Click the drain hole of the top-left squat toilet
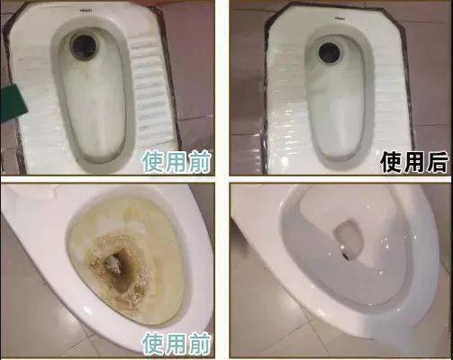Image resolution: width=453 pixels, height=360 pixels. click(x=85, y=46)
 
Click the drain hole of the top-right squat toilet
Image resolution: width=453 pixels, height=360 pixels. click(x=331, y=53)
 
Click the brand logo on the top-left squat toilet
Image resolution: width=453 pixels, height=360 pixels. click(x=86, y=10)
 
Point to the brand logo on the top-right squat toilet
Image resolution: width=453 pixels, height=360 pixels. click(x=340, y=17)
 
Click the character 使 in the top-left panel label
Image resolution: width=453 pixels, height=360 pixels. click(x=152, y=162)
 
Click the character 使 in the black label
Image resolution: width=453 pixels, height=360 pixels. click(x=391, y=162)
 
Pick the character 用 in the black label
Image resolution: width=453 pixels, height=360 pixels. click(x=413, y=162)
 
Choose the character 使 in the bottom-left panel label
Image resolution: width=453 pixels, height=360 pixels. click(x=152, y=344)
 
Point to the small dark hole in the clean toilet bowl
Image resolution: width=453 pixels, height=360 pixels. click(x=346, y=256)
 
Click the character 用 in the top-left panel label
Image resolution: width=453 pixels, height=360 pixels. click(x=176, y=162)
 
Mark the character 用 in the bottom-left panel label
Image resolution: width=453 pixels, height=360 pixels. click(x=176, y=344)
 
